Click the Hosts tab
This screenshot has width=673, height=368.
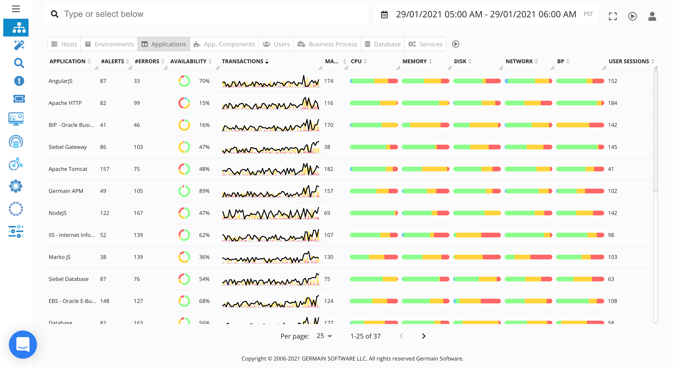tap(64, 44)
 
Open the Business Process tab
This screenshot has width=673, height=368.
tap(327, 44)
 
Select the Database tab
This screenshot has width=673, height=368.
tap(383, 44)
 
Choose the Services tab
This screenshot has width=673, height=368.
tap(425, 44)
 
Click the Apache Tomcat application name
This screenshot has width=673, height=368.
tap(68, 169)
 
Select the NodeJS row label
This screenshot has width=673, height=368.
tap(58, 213)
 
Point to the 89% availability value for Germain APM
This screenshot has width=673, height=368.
tap(204, 191)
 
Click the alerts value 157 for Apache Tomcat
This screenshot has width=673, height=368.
tap(105, 169)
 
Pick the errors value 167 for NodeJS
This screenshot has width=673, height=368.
tap(138, 213)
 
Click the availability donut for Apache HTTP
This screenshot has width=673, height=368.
tap(184, 103)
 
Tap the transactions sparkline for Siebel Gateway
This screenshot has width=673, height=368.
tap(270, 147)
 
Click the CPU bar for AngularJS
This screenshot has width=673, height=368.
tap(374, 81)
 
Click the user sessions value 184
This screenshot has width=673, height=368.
tap(612, 103)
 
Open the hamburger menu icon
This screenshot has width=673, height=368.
tap(16, 9)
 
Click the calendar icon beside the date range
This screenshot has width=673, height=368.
tap(384, 15)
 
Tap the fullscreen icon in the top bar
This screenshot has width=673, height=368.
tap(613, 16)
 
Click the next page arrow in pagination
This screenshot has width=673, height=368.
tap(423, 336)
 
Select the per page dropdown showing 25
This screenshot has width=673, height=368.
tap(324, 336)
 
